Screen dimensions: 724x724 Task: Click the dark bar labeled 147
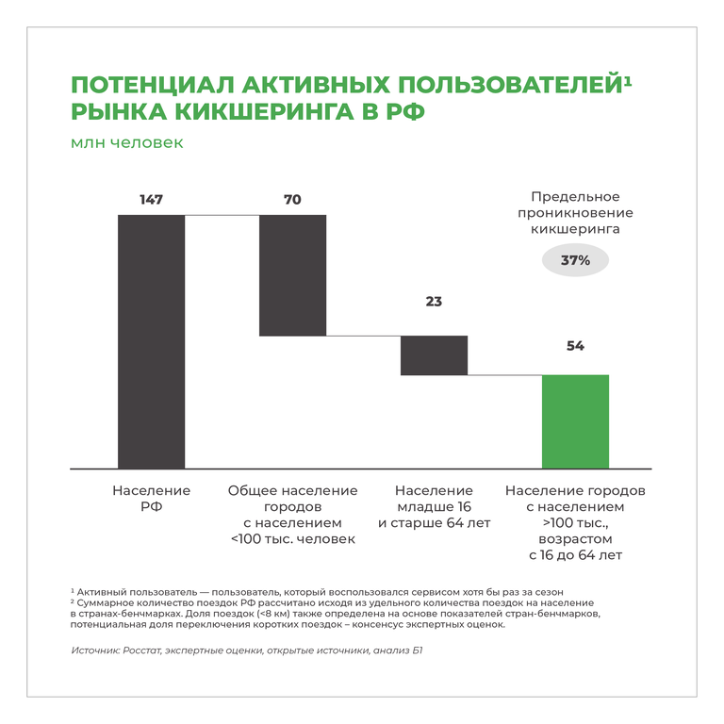pyautogui.click(x=152, y=341)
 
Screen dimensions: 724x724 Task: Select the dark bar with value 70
pyautogui.click(x=293, y=275)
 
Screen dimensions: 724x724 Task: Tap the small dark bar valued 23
pyautogui.click(x=434, y=355)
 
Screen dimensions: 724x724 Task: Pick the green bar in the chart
pyautogui.click(x=575, y=422)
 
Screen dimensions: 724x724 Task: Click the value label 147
pyautogui.click(x=152, y=200)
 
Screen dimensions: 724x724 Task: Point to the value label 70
pyautogui.click(x=293, y=200)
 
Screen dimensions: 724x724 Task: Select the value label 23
pyautogui.click(x=434, y=302)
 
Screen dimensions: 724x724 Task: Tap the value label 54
pyautogui.click(x=575, y=346)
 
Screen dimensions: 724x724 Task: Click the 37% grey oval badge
pyautogui.click(x=575, y=260)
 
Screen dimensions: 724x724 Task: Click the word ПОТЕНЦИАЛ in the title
pyautogui.click(x=153, y=85)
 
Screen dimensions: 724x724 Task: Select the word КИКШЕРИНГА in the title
pyautogui.click(x=264, y=112)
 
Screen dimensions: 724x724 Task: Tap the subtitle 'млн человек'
pyautogui.click(x=127, y=142)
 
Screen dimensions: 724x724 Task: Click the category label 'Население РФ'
pyautogui.click(x=152, y=499)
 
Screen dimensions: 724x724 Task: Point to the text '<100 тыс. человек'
pyautogui.click(x=293, y=539)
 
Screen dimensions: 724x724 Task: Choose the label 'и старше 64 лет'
pyautogui.click(x=434, y=523)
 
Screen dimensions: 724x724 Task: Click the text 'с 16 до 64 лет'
pyautogui.click(x=575, y=555)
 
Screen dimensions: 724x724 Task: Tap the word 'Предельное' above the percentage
pyautogui.click(x=575, y=197)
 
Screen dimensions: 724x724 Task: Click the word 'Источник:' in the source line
pyautogui.click(x=95, y=650)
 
